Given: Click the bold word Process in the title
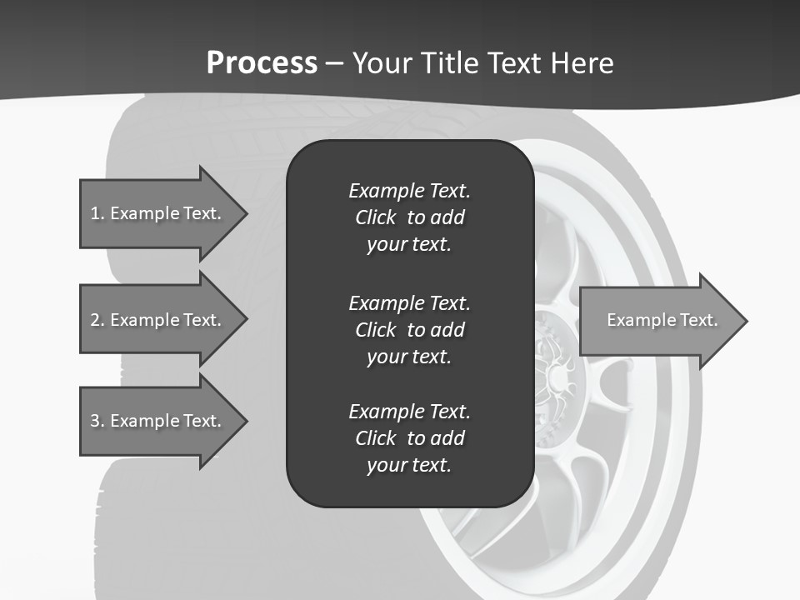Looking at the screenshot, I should pyautogui.click(x=262, y=63).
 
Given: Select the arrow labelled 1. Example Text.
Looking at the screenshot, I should pyautogui.click(x=158, y=213).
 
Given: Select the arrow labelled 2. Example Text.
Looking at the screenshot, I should pyautogui.click(x=158, y=320).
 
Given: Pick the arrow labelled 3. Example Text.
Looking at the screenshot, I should pyautogui.click(x=158, y=421).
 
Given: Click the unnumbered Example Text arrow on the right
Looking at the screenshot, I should pyautogui.click(x=662, y=320).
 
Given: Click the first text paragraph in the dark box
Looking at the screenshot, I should pyautogui.click(x=409, y=217).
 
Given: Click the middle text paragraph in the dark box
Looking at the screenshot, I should pyautogui.click(x=409, y=329).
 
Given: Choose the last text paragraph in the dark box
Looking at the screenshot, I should pyautogui.click(x=409, y=438).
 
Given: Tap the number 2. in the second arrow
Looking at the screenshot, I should pyautogui.click(x=97, y=320).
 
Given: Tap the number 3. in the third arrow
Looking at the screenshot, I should pyautogui.click(x=97, y=421).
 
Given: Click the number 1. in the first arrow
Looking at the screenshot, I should pyautogui.click(x=97, y=213).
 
